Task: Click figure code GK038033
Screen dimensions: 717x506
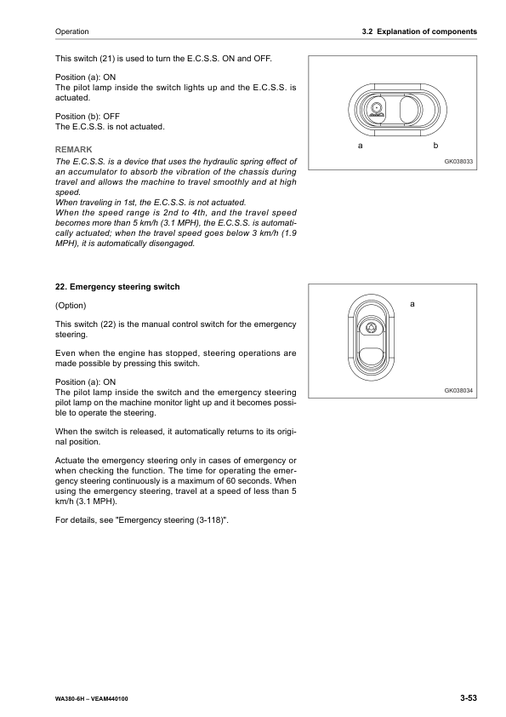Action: (x=458, y=160)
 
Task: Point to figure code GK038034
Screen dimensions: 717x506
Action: (x=458, y=390)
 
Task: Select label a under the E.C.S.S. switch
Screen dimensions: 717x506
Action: (x=361, y=146)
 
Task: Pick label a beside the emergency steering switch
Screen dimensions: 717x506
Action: (x=412, y=303)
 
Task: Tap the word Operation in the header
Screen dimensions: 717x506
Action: (x=71, y=32)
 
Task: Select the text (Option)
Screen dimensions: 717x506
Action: (x=71, y=305)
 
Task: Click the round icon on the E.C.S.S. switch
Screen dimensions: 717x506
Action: (x=376, y=107)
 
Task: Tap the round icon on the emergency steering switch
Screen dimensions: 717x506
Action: (x=372, y=328)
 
